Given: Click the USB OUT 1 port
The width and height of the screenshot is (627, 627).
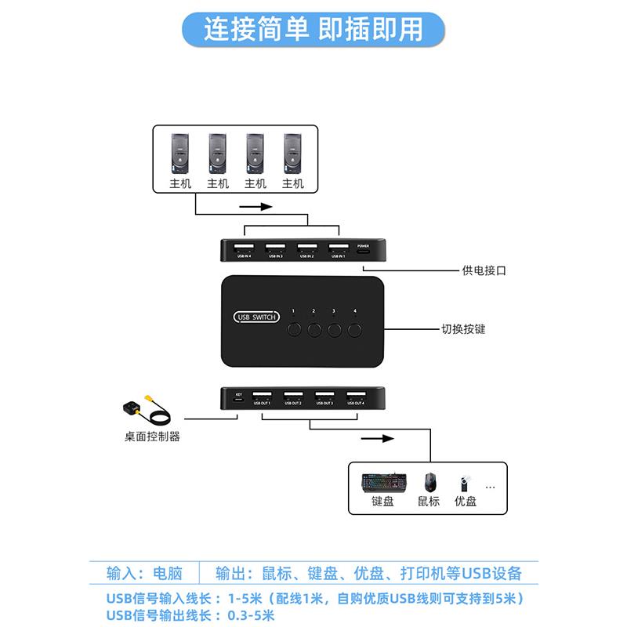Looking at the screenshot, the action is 262,396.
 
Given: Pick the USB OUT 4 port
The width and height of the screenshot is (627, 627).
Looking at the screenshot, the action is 356,396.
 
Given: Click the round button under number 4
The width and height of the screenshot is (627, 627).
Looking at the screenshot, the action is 355,329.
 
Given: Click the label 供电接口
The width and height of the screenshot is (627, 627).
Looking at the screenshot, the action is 484,271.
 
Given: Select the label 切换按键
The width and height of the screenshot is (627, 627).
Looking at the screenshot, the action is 464,329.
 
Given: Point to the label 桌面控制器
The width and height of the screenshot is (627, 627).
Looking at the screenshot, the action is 152,437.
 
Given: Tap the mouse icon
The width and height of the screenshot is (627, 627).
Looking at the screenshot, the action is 429,480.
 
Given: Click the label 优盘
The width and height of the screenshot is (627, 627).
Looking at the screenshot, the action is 466,502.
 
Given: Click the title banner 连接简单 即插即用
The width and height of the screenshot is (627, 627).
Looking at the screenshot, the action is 313,29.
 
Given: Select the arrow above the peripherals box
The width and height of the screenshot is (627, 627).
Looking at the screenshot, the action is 377,439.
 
